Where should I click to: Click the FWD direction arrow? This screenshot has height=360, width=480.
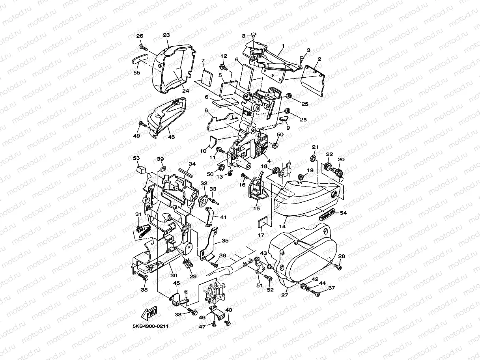pyautogui.click(x=150, y=314)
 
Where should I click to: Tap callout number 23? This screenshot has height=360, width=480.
pyautogui.click(x=166, y=35)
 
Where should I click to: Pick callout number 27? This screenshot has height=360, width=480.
pyautogui.click(x=285, y=294)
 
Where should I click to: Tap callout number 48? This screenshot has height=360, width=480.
pyautogui.click(x=171, y=136)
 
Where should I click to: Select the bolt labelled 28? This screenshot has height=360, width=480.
pyautogui.click(x=338, y=267)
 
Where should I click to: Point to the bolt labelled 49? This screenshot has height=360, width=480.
pyautogui.click(x=142, y=125)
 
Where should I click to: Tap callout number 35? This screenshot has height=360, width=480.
pyautogui.click(x=225, y=240)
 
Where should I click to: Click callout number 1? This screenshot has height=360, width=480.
pyautogui.click(x=283, y=46)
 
